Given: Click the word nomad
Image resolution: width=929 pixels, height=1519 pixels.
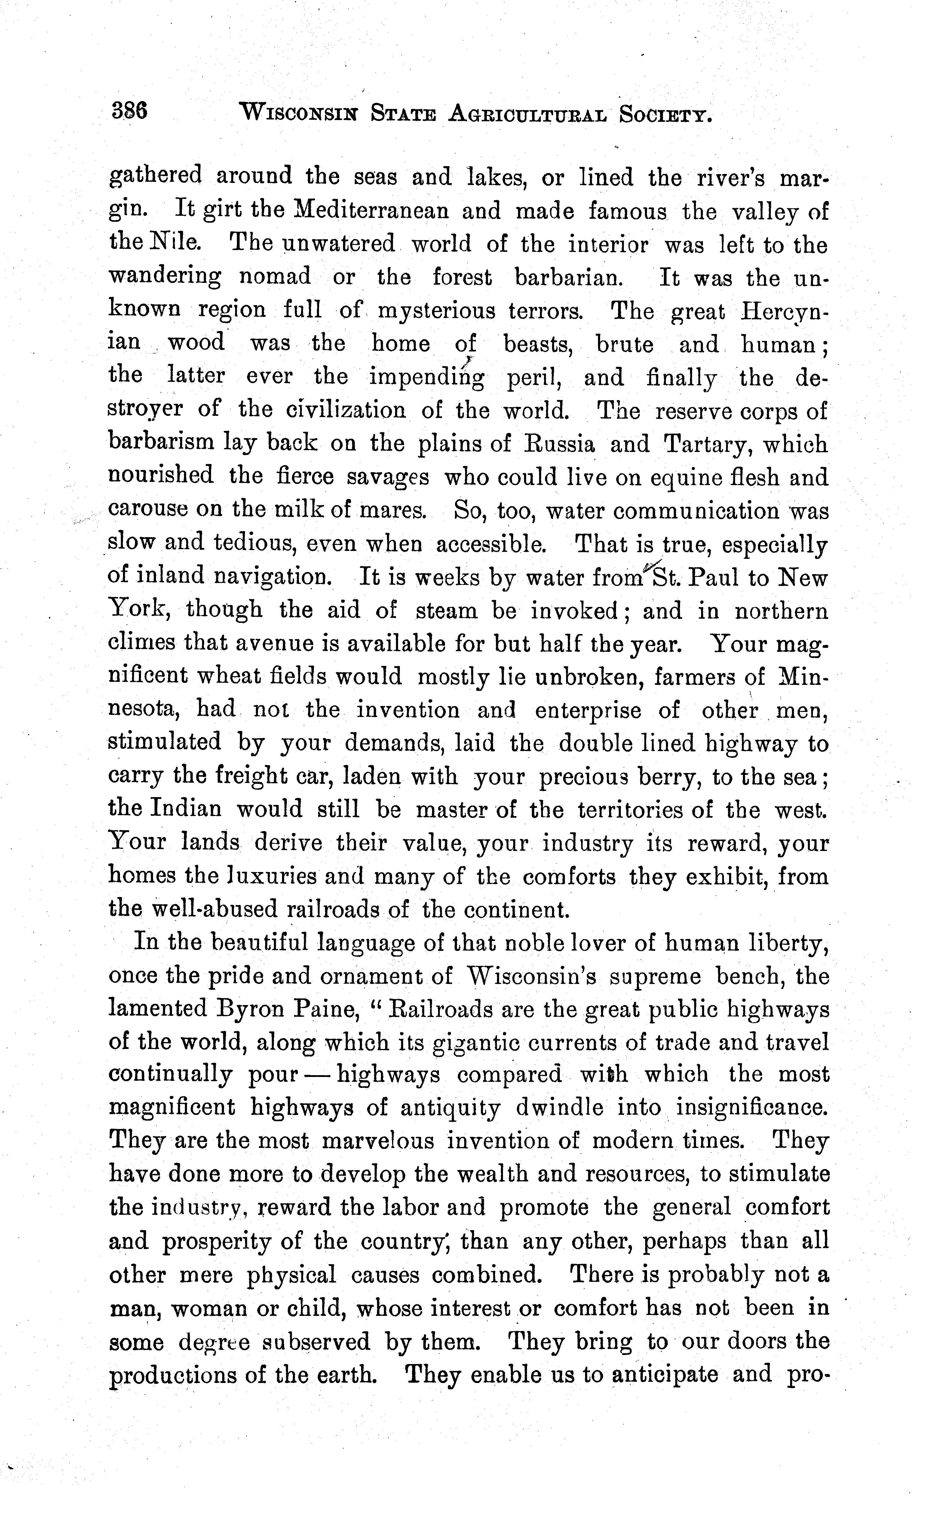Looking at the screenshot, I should point(275,277).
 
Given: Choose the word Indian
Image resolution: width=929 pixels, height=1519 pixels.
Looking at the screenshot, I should point(185,808).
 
